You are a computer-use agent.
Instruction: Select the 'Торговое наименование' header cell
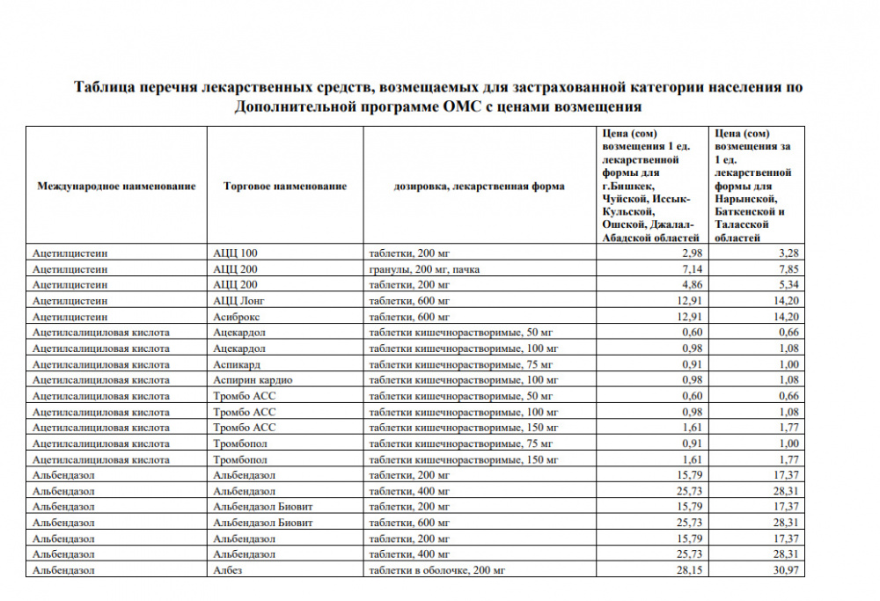click(285, 186)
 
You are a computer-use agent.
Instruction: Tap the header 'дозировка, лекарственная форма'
click(480, 186)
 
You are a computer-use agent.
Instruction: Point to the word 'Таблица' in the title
click(105, 88)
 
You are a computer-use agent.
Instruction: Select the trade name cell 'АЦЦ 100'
click(235, 253)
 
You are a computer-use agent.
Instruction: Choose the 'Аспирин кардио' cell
click(253, 380)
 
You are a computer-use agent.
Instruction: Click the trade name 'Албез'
click(226, 570)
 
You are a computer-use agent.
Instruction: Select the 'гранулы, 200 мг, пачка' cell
click(424, 269)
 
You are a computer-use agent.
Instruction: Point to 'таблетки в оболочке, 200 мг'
click(437, 570)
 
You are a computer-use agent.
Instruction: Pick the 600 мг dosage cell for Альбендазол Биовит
click(409, 523)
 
